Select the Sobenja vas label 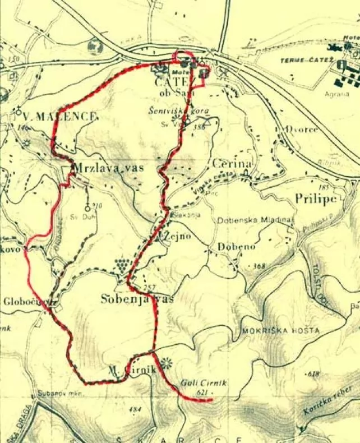coord(137,299)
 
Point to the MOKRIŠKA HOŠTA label coord(281,331)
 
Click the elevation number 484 coord(135,409)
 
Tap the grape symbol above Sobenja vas coord(121,264)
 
